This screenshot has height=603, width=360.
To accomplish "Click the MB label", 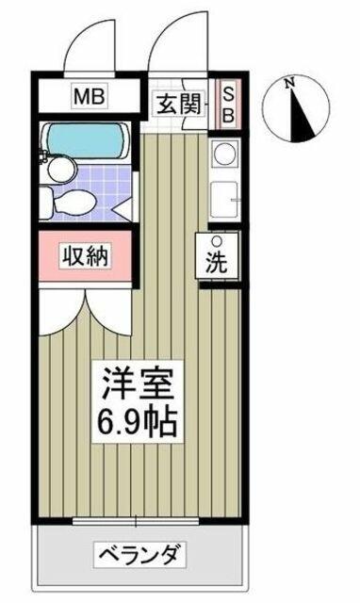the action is point(90,96).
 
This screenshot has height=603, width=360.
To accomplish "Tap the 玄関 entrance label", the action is point(179,104).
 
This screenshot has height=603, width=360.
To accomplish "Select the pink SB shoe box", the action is point(228,104).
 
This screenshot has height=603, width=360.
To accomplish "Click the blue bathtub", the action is point(85,140).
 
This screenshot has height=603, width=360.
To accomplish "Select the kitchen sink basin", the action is point(225,201).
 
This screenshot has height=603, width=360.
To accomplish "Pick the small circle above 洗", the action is point(217,241).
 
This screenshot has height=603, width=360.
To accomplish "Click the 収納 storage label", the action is point(86,255).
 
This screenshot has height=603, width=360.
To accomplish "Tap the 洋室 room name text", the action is point(136,384).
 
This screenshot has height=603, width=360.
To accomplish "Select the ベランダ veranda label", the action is point(139,555).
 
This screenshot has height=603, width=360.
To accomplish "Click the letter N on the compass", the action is point(289,82).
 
